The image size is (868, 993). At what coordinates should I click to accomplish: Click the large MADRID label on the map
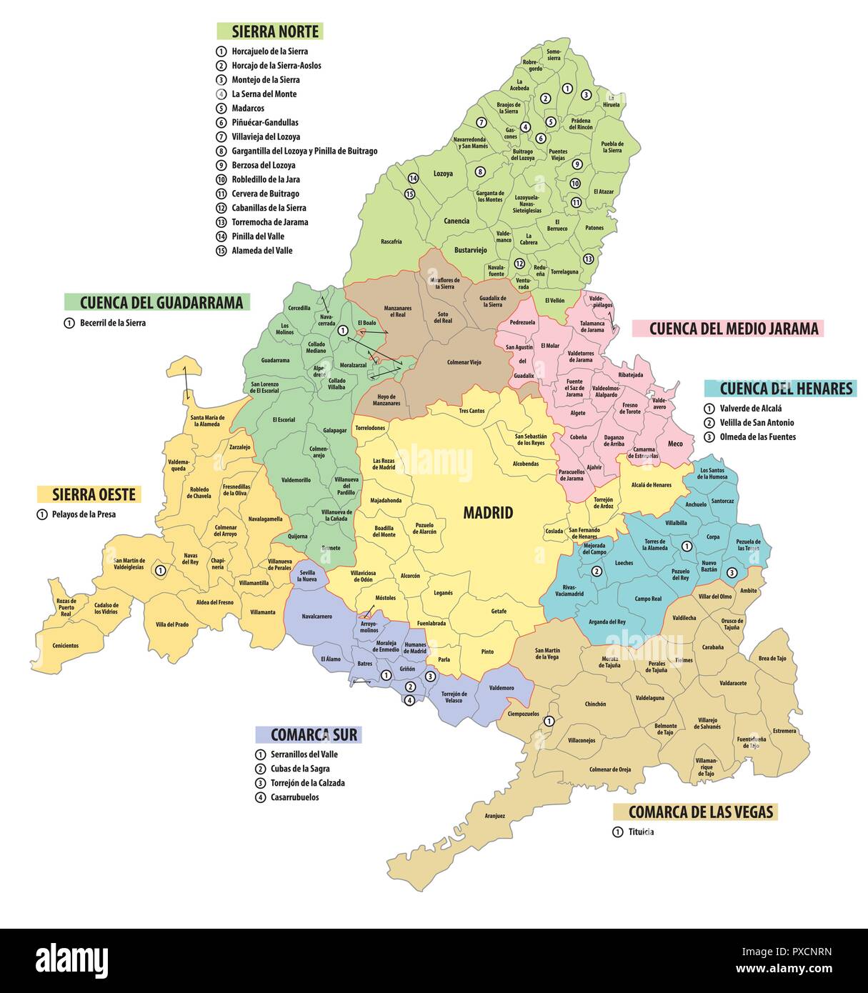click(488, 512)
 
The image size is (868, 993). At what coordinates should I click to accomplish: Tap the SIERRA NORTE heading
click(270, 31)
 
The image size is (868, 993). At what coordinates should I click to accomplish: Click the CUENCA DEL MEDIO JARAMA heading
click(727, 329)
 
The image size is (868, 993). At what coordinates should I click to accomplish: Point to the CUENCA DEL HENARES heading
click(780, 389)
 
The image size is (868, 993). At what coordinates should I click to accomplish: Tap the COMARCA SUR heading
click(309, 734)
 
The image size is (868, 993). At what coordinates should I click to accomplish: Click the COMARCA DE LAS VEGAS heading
click(695, 812)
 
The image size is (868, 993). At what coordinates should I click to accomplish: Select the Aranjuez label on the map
click(494, 816)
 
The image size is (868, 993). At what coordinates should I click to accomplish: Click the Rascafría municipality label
click(391, 241)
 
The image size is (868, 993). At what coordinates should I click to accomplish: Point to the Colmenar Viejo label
click(464, 362)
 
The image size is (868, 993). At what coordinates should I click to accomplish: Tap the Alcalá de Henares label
click(651, 485)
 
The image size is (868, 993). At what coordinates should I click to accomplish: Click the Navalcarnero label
click(316, 616)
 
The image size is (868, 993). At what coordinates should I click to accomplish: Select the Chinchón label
click(595, 704)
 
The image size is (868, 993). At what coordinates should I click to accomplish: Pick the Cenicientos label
click(65, 645)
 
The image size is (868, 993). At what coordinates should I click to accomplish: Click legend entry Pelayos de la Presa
click(84, 514)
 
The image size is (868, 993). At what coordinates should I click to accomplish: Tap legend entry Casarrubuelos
click(294, 797)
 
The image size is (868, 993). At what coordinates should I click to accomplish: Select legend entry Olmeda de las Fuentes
click(757, 437)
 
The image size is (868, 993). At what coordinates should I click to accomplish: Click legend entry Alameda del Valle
click(261, 251)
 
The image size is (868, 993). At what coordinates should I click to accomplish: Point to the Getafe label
click(499, 611)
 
